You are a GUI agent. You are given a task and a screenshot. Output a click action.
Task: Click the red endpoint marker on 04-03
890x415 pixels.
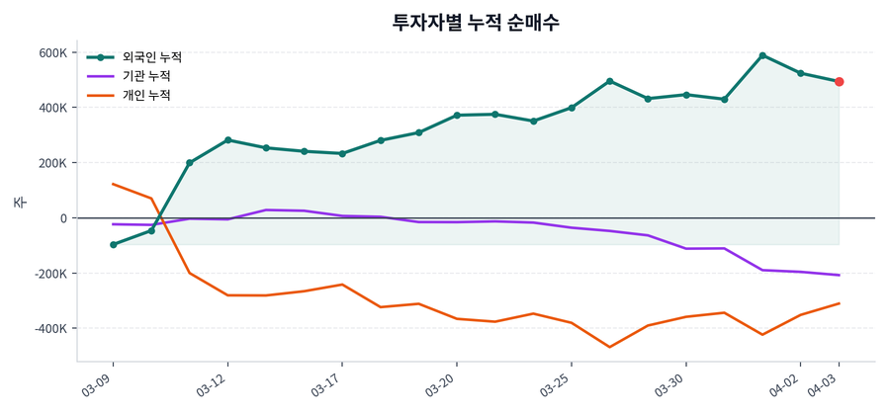839,82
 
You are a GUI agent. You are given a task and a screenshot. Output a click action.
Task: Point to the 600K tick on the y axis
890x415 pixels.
51,52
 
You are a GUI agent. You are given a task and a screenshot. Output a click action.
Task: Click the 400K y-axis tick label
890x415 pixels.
51,108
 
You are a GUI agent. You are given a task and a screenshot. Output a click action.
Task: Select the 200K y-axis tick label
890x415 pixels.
51,163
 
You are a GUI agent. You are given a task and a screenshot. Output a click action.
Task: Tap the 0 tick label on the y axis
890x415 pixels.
62,218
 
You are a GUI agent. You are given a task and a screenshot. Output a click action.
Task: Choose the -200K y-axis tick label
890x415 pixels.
49,274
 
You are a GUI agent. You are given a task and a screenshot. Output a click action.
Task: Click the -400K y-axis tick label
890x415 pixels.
49,329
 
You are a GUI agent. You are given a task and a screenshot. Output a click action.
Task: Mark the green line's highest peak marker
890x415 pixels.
762,55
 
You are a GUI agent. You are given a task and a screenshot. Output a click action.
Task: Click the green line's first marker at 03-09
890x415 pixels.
113,244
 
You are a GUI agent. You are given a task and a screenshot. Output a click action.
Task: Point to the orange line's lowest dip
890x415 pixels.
609,347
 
